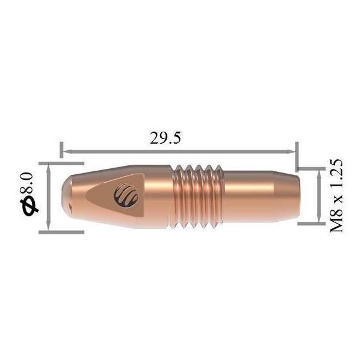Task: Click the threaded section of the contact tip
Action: tap(196, 196)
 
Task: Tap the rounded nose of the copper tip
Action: tap(67, 196)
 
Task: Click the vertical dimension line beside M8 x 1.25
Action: tap(318, 196)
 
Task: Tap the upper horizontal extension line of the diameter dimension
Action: tap(60, 162)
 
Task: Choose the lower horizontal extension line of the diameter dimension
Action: tap(60, 230)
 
